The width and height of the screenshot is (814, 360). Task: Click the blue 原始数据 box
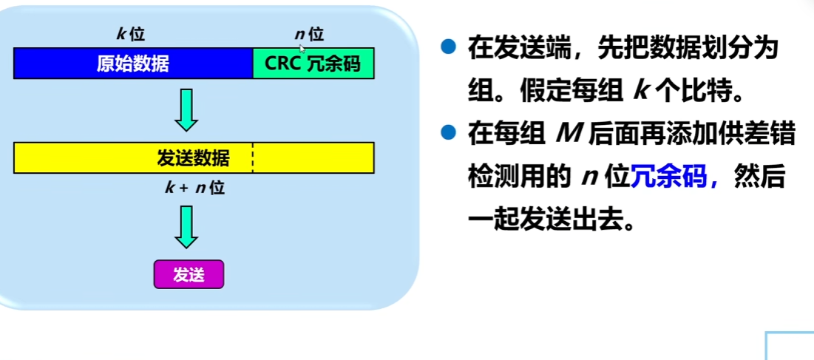click(133, 64)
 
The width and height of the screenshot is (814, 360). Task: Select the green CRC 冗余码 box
click(313, 64)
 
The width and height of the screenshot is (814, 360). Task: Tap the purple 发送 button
click(188, 275)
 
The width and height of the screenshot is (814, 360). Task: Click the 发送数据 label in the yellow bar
click(193, 158)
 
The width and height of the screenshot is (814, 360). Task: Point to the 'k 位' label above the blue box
click(131, 34)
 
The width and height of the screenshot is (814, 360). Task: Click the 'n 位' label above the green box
click(308, 34)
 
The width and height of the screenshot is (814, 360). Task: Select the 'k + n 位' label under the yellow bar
click(194, 188)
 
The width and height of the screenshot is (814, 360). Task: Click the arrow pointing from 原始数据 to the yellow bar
click(187, 109)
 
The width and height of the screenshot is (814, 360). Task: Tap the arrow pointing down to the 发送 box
click(187, 226)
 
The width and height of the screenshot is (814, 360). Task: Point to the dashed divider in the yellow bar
click(253, 158)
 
